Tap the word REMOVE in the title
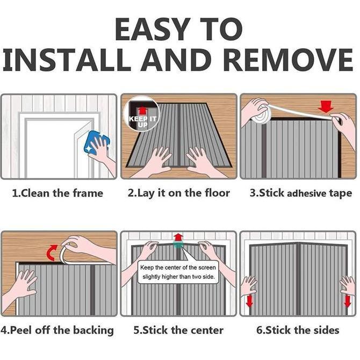click(288, 60)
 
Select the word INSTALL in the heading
click(67, 60)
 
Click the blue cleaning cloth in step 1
click(97, 143)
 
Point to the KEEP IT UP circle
click(142, 114)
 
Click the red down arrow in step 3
click(326, 107)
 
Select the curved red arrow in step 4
click(52, 253)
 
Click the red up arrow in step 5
click(178, 237)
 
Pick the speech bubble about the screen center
click(178, 272)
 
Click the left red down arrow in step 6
click(249, 301)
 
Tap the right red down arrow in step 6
click(347, 301)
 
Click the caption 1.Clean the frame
click(57, 193)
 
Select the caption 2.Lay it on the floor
click(179, 193)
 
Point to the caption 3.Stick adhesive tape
click(301, 193)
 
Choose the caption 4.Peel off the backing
click(57, 330)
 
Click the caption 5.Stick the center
click(178, 330)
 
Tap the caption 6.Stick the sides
click(298, 330)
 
